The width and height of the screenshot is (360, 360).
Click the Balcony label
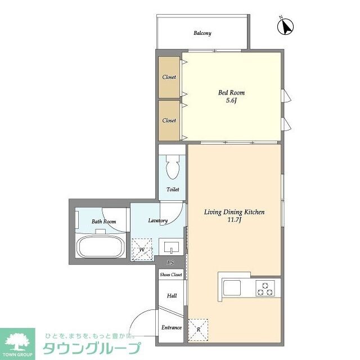coord(202,33)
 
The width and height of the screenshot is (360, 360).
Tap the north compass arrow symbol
coord(285,26)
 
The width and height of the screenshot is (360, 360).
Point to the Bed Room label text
coord(231,93)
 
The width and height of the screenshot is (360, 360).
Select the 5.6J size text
coord(231,101)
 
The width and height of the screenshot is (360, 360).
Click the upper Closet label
coord(169,77)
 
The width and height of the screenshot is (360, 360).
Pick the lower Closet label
coord(169,120)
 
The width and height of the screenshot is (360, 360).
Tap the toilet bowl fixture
coord(173,166)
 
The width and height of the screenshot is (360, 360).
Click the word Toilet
coord(173,190)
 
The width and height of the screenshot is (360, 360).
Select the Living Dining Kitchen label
coord(234,212)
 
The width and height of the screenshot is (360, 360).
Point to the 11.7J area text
coord(234,220)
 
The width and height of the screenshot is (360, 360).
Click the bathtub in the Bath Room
coord(101,246)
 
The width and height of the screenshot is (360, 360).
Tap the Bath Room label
coord(103,222)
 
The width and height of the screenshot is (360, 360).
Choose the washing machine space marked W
coord(142,249)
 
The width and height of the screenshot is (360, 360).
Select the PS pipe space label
coord(170,263)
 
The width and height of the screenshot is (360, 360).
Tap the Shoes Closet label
coord(171,274)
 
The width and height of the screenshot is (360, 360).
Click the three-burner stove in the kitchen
coord(265,289)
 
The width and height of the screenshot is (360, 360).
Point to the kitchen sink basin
coord(232,288)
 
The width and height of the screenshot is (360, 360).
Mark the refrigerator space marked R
coord(198,330)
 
